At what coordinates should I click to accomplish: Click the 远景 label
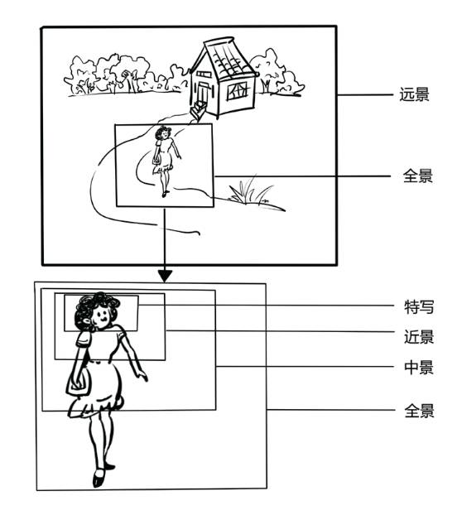point(413,94)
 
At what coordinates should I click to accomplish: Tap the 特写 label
point(417,307)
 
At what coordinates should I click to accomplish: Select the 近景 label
point(417,337)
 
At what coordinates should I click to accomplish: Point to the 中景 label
point(417,368)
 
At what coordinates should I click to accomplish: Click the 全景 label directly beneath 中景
point(417,411)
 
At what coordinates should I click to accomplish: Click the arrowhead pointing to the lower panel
point(165,274)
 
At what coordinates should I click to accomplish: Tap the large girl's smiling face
point(103,315)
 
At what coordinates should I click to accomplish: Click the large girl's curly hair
point(87,308)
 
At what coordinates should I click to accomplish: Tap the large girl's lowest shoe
point(99,479)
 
